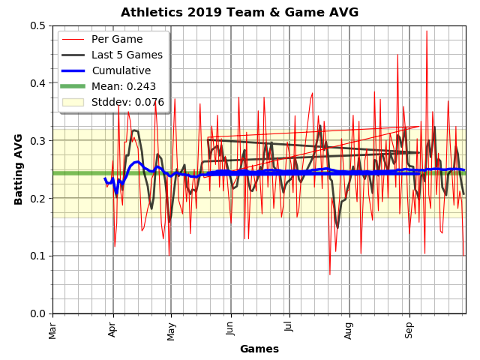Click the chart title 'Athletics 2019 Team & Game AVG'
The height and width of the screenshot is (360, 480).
point(239,13)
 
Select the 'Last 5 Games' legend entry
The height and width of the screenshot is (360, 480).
point(127,55)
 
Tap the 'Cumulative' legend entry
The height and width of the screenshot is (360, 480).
point(121,70)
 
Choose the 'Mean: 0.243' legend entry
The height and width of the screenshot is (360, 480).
point(124,86)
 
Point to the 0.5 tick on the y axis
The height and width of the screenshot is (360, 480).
point(37,25)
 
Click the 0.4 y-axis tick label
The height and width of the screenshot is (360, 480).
point(37,83)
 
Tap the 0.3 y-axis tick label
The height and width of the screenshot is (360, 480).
point(37,141)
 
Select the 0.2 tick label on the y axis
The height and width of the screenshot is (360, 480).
point(37,198)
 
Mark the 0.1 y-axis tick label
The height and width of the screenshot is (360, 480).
point(37,256)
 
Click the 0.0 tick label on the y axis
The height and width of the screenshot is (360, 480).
point(37,313)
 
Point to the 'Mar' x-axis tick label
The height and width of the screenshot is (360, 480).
point(52,329)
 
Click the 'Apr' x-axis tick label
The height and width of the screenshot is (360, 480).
point(113,328)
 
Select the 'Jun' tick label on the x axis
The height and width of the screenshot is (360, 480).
point(230,328)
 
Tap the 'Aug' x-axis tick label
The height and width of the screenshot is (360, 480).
point(349,329)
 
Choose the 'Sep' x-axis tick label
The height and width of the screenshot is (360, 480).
point(409,328)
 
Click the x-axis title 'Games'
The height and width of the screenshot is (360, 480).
point(259,349)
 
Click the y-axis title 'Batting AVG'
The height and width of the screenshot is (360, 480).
point(19,169)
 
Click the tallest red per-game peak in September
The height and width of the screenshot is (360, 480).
point(427,31)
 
